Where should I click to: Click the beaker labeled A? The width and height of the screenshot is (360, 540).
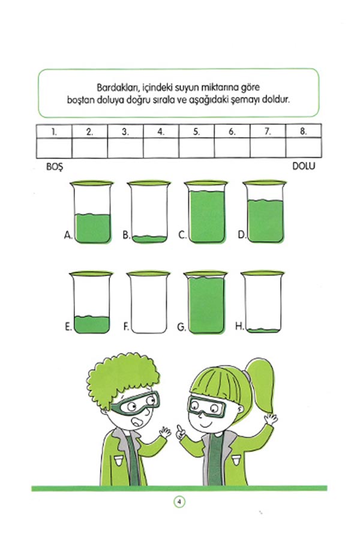(x=92, y=212)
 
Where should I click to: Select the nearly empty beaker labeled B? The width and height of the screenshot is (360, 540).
(x=149, y=212)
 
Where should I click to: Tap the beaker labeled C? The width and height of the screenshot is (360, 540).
(x=206, y=212)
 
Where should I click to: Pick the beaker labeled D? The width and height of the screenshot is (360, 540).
(x=265, y=212)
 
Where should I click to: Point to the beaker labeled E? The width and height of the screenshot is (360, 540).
(x=91, y=302)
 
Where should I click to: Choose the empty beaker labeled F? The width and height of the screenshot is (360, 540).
(x=148, y=302)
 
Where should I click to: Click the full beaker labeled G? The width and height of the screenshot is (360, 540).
(x=206, y=302)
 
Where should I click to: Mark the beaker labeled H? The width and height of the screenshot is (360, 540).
(x=263, y=302)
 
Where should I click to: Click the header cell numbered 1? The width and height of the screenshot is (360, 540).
(x=54, y=131)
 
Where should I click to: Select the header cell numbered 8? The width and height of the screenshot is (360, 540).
(x=304, y=131)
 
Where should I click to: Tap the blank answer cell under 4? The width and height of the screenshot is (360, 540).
(x=161, y=148)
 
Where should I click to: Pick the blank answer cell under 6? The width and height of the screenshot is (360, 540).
(x=232, y=148)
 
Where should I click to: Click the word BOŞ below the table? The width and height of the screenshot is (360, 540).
(x=55, y=167)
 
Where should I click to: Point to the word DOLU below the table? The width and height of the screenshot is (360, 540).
(x=304, y=166)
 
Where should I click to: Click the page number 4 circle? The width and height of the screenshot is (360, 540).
(x=179, y=502)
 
